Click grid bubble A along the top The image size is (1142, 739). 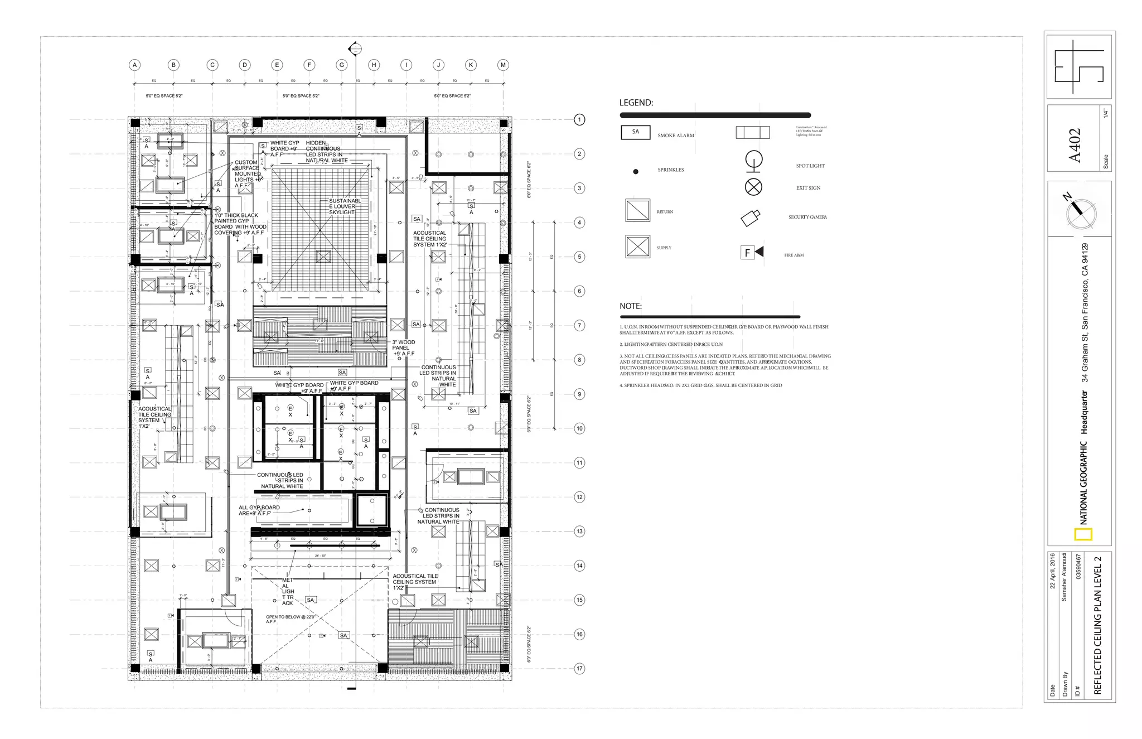135,65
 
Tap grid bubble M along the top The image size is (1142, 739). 503,65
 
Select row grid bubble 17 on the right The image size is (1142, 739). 579,668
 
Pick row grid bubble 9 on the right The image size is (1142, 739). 579,394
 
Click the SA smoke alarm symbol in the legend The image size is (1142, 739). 635,132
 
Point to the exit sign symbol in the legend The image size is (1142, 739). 753,187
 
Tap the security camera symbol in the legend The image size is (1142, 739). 751,218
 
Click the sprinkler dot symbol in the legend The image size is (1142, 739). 635,171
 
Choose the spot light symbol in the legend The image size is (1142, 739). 753,161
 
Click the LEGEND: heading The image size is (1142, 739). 636,103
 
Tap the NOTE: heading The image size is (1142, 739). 630,306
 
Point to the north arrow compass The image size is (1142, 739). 1080,212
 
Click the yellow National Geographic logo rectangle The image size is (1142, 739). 1083,534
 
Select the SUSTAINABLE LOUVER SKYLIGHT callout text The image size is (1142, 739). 344,206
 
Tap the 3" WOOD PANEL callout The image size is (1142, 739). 403,348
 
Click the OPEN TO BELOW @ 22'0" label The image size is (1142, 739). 290,619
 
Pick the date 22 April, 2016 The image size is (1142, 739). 1052,571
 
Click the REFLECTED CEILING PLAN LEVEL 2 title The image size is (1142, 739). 1097,625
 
